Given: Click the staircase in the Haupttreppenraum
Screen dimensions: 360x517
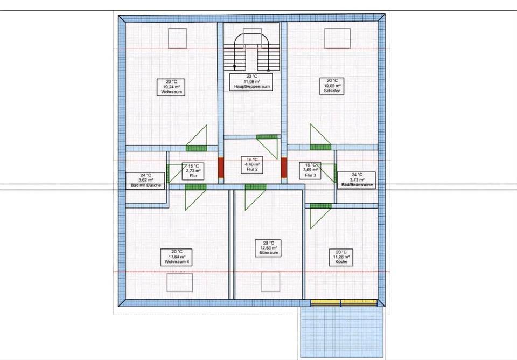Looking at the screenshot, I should (x=251, y=51).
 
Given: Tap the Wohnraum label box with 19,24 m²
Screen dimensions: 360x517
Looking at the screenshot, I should (x=172, y=87).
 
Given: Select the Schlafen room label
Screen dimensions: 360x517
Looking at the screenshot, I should (x=332, y=86).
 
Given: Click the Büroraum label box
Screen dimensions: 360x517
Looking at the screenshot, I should (x=268, y=248).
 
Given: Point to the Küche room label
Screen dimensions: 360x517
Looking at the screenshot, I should (x=341, y=257).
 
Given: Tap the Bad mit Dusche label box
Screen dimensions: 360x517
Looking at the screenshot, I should (x=145, y=180).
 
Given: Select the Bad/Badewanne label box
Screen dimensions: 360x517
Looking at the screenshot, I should (x=357, y=179).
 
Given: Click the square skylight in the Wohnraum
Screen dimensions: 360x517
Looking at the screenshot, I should (x=177, y=38).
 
